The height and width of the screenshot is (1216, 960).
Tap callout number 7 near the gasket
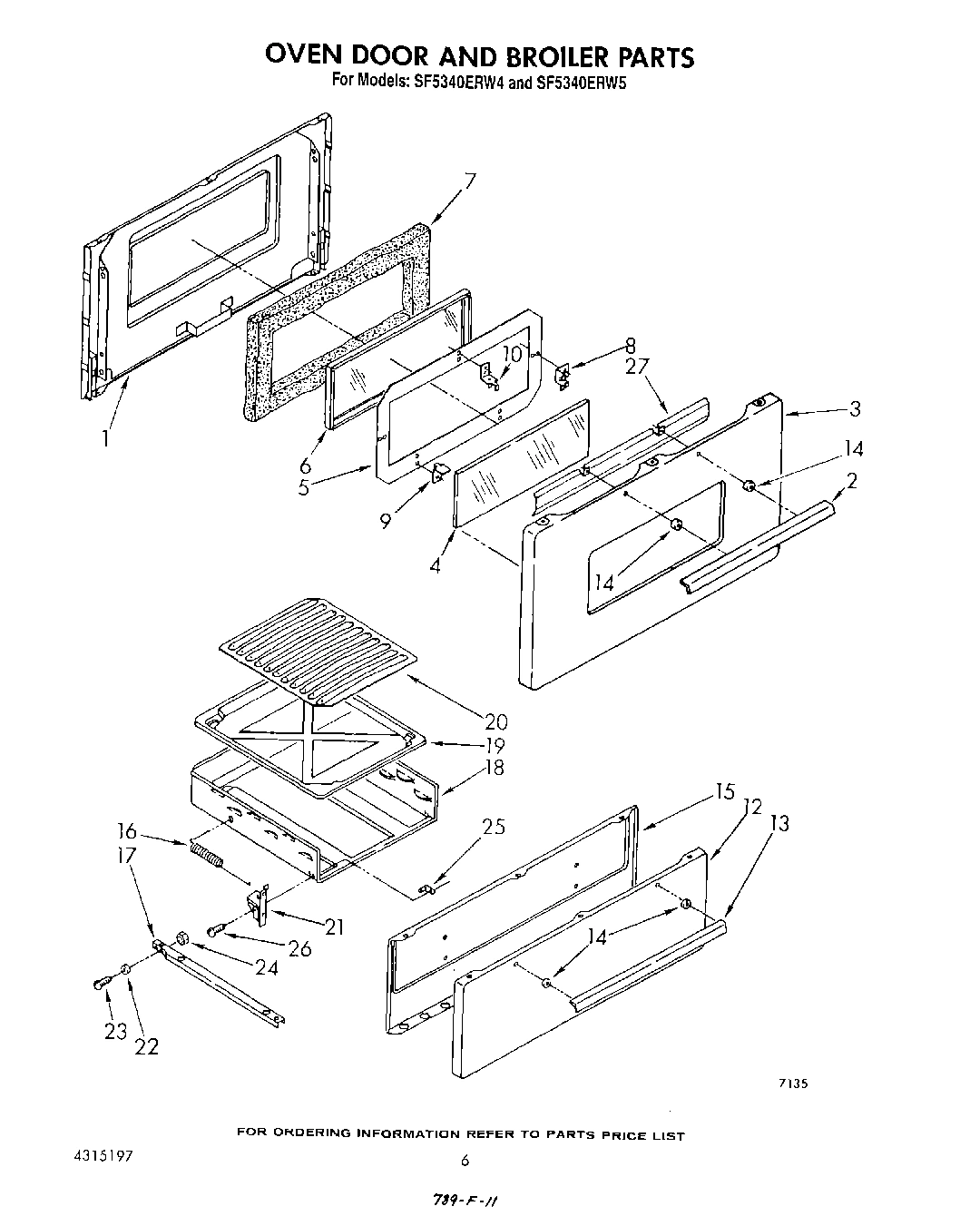468,181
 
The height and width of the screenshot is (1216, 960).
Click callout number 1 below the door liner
106,437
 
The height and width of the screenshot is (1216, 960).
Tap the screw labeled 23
100,984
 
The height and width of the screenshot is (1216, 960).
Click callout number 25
495,826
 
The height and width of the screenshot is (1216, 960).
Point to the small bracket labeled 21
257,904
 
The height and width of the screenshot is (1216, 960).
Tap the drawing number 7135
792,1083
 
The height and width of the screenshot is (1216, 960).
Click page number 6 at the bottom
465,1160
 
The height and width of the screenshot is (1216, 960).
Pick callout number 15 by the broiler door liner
723,791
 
